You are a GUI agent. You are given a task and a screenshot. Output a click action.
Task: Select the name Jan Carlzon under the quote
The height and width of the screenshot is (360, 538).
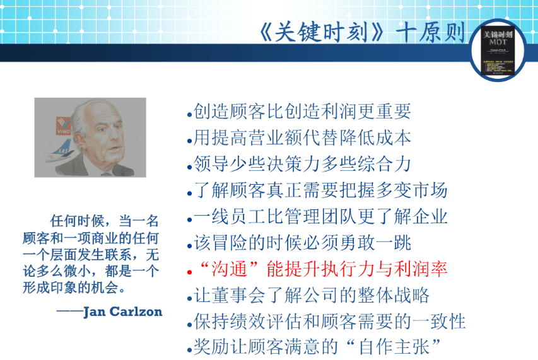click(x=122, y=311)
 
